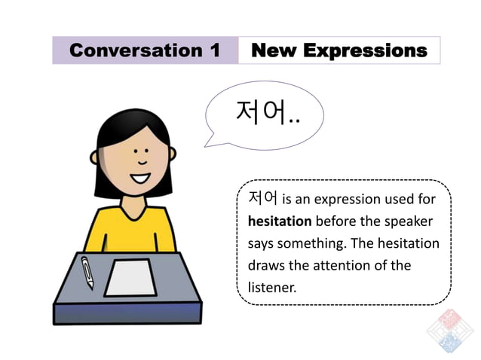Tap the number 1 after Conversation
pos(216,50)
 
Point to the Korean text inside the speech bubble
pos(268,114)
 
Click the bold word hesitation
pos(279,221)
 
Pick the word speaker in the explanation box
pos(407,221)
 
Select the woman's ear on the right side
pos(173,154)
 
